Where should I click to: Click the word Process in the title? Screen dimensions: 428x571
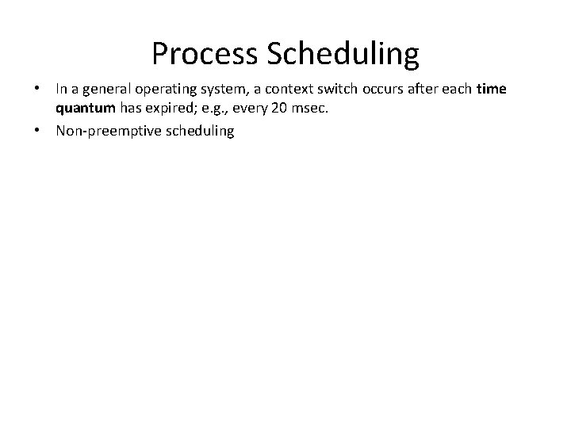[203, 55]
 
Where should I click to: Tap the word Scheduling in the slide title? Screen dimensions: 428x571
[343, 55]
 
